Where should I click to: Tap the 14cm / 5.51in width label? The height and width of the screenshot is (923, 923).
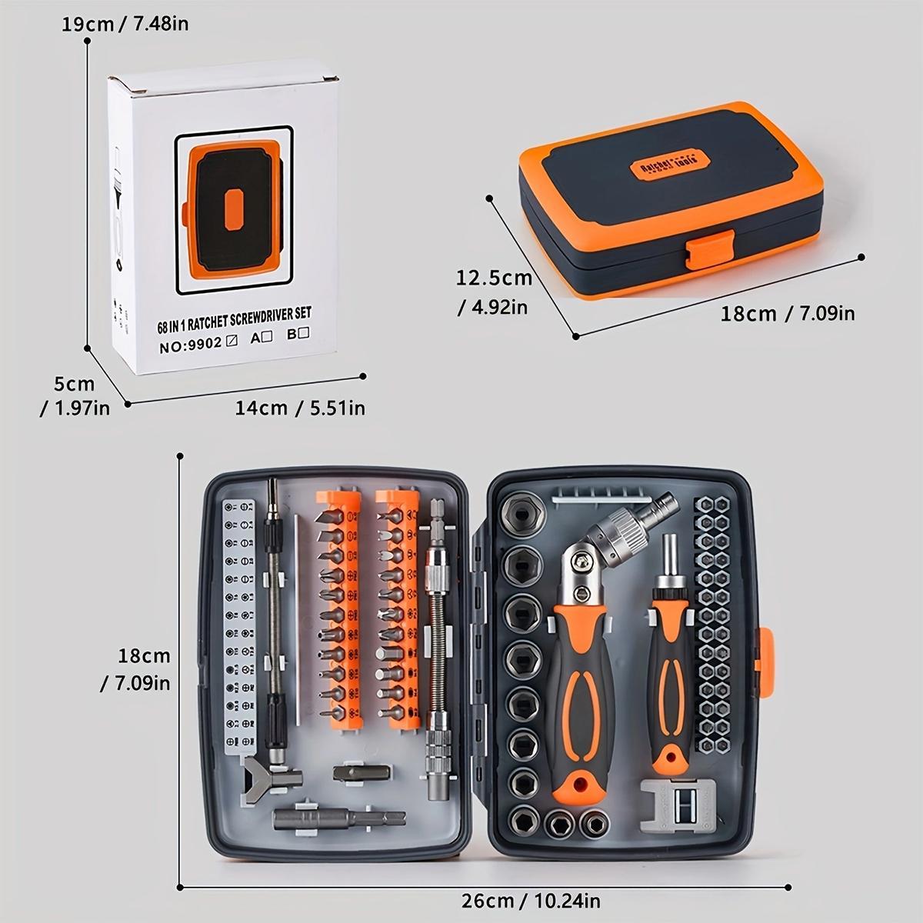coord(300,407)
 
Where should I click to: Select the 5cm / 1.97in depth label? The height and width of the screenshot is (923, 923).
coord(74,395)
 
